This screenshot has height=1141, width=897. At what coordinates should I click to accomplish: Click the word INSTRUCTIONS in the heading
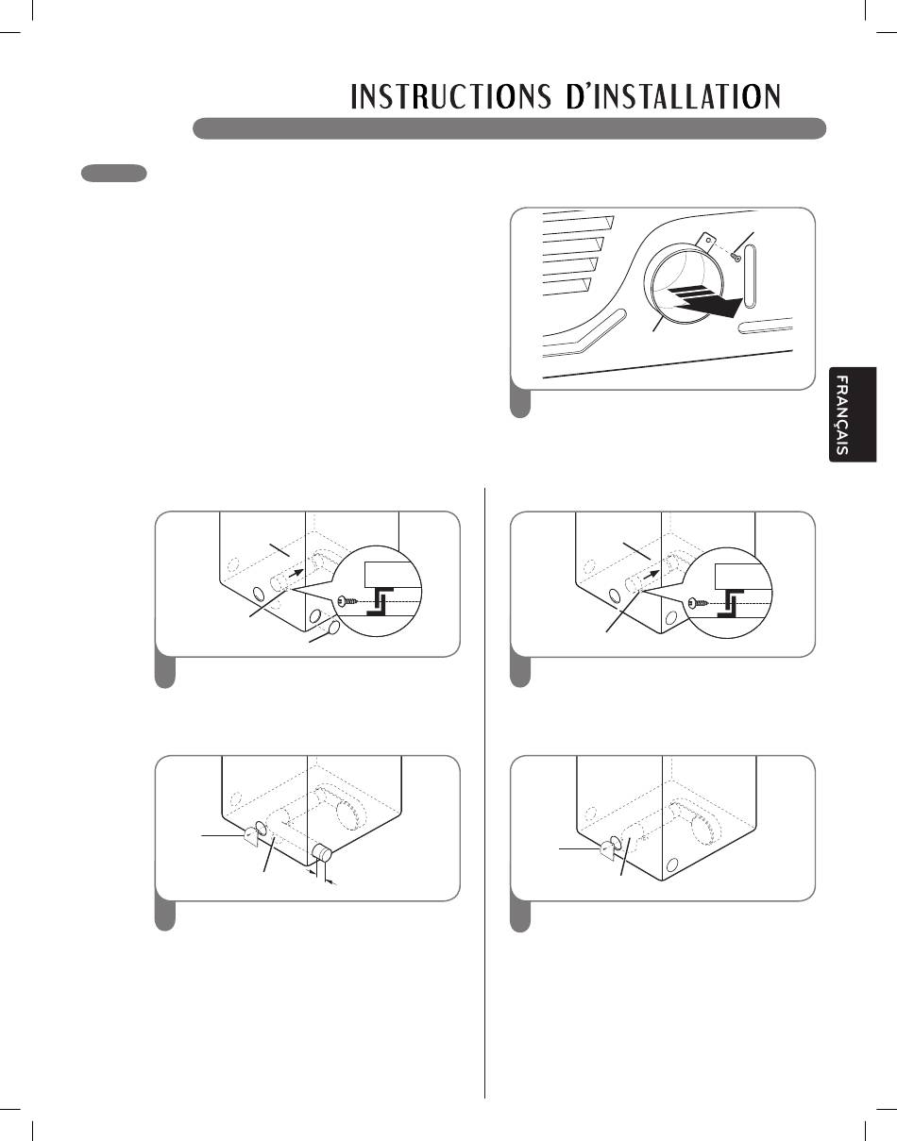(451, 97)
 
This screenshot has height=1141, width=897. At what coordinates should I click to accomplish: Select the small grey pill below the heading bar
(113, 173)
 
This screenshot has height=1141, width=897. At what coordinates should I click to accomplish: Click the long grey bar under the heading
(510, 128)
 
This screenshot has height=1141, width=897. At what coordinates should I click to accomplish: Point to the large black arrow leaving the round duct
(703, 302)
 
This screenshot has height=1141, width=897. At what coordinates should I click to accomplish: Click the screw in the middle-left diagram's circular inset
(346, 600)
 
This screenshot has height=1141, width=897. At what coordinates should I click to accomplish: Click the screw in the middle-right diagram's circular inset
(699, 600)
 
